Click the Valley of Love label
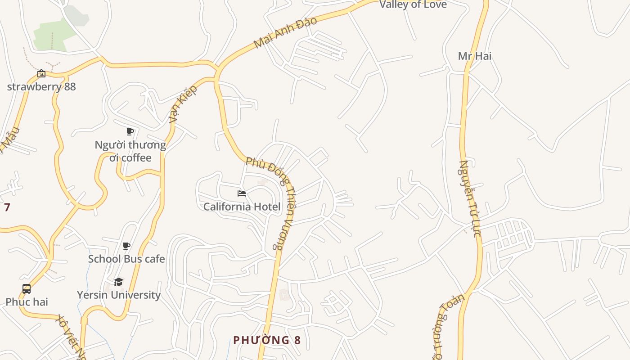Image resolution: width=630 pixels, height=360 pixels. coord(413,5)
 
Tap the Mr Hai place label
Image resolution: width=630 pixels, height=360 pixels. coord(474,56)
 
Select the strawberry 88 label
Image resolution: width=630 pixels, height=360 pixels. coord(41,86)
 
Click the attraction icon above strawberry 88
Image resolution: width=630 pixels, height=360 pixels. coord(41,73)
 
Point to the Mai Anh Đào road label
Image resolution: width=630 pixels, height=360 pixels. coord(285,32)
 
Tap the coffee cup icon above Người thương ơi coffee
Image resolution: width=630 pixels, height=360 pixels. coord(130,132)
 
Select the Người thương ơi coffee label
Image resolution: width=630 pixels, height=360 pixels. coord(130,151)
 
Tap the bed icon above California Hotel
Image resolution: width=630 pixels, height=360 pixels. coord(242,194)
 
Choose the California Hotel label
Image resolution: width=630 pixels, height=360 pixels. coord(242,207)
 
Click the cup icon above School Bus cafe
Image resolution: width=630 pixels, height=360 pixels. coord(126,246)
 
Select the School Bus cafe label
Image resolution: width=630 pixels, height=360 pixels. coord(126,259)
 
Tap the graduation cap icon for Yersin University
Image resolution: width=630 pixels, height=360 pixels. coord(118,282)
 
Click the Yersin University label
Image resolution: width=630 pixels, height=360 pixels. coord(118,295)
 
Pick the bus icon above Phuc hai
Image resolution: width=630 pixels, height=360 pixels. coord(27,289)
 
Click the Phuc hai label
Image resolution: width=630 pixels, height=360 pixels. coord(27,302)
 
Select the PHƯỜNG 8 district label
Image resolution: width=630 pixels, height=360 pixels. coord(266,340)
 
